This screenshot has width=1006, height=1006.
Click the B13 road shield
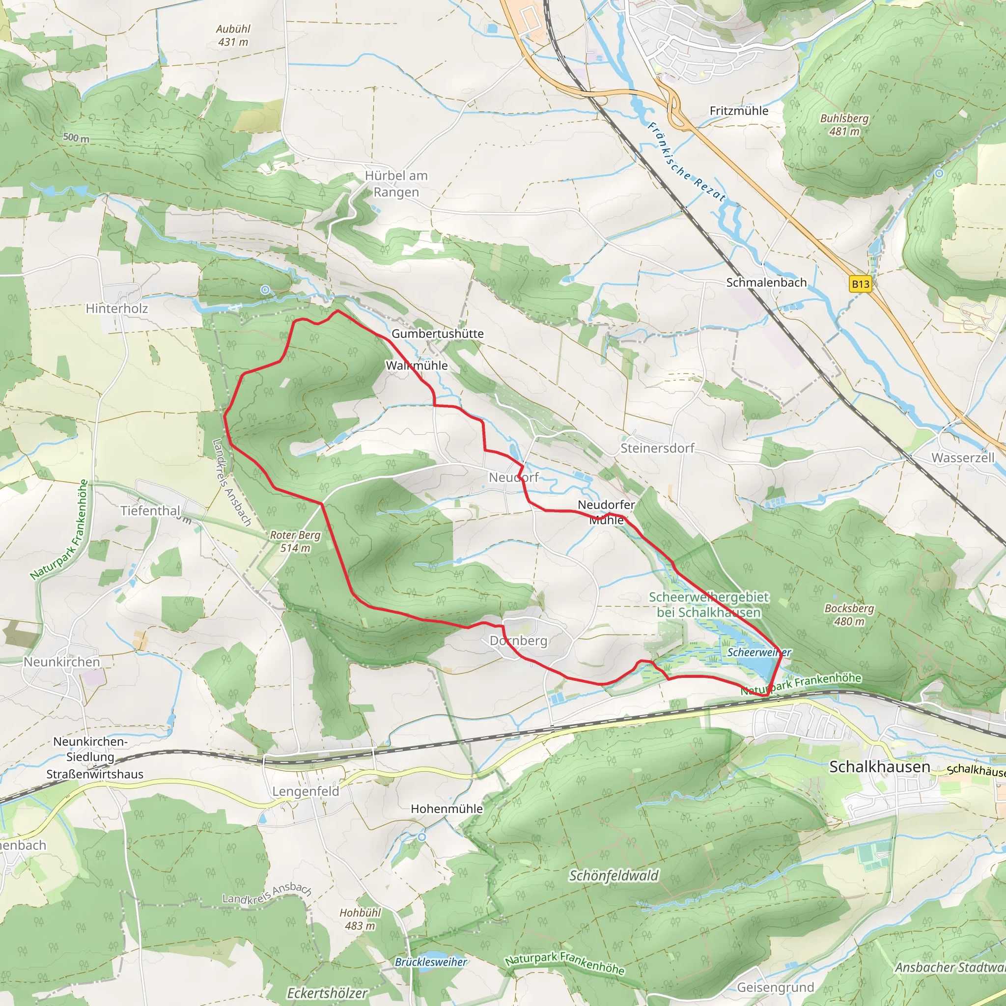[860, 284]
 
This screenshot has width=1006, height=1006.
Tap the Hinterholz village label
[116, 309]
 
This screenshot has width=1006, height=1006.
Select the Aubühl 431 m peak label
[233, 35]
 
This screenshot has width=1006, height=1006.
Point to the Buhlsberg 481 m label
[844, 125]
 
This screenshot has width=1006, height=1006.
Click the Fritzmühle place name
[739, 111]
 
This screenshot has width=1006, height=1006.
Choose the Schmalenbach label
[766, 283]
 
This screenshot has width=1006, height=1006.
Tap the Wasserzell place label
[963, 458]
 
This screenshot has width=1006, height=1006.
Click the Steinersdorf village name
[657, 448]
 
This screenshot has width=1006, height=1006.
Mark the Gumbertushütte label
[437, 334]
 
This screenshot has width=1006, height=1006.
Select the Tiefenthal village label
[150, 511]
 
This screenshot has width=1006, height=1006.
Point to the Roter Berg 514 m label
[295, 541]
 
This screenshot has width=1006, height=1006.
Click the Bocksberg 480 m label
[849, 615]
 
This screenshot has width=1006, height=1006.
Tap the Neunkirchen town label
[61, 662]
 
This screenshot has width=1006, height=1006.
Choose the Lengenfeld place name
[306, 791]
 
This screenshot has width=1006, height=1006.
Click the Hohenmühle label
[447, 809]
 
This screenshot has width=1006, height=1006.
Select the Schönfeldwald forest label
[614, 876]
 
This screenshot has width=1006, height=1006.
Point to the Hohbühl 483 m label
[360, 919]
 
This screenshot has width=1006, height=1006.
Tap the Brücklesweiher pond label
[431, 962]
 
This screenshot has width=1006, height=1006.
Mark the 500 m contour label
[76, 138]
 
